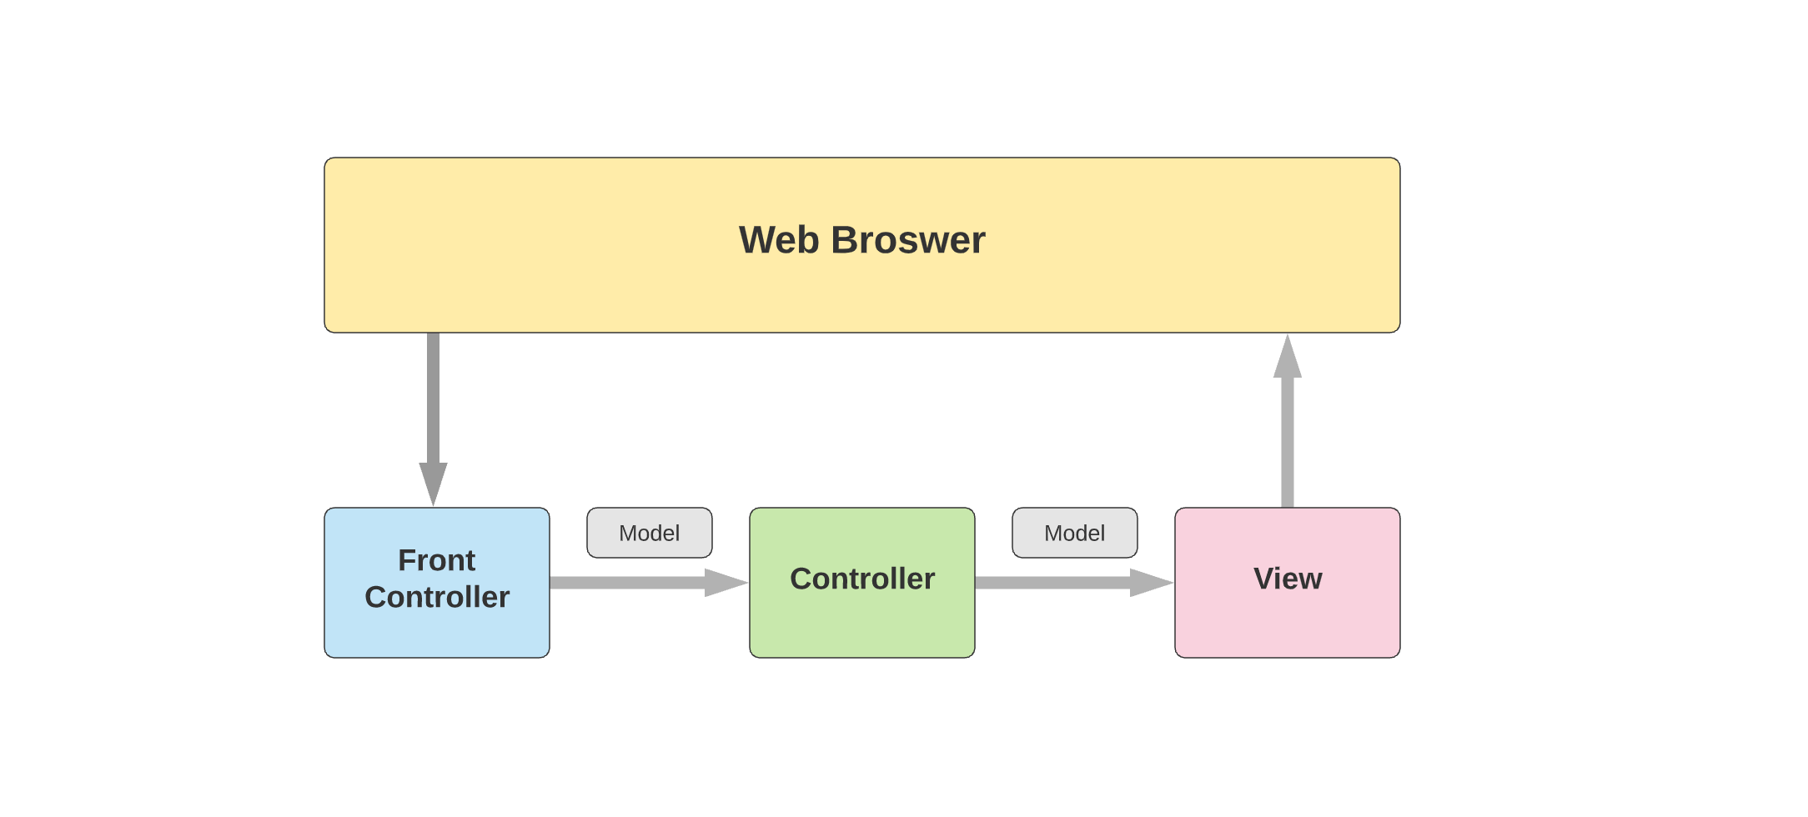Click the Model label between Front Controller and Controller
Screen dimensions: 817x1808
(x=649, y=533)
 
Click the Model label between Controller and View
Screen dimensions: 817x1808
(x=1074, y=533)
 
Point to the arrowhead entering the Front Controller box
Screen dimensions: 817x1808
(x=433, y=483)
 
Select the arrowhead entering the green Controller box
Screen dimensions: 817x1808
(x=724, y=582)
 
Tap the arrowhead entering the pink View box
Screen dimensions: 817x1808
(x=1149, y=582)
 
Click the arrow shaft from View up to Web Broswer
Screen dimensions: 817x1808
(x=1287, y=442)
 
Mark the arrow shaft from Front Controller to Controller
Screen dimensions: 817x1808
(x=625, y=582)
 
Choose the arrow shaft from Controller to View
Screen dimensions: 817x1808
(x=1051, y=582)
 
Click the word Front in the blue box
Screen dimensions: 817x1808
(x=436, y=560)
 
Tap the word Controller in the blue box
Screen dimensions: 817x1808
(x=436, y=597)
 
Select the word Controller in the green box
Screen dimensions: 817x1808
(x=861, y=579)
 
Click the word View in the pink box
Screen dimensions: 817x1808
(x=1287, y=579)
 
